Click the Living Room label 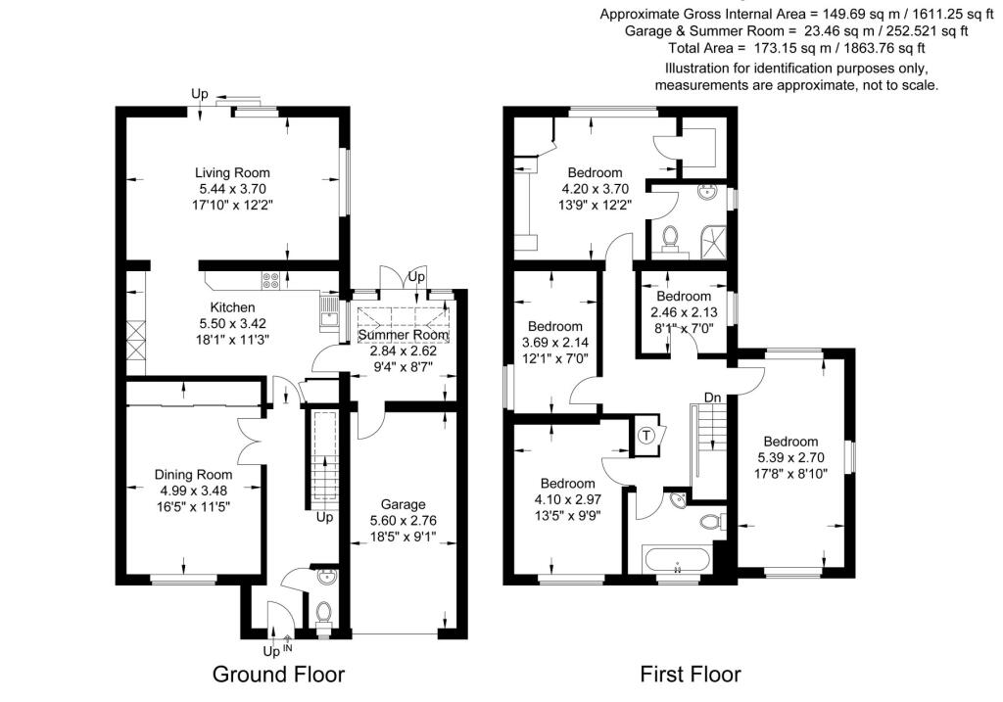pyautogui.click(x=231, y=172)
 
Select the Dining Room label pyautogui.click(x=193, y=475)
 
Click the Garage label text pyautogui.click(x=404, y=504)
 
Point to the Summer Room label pyautogui.click(x=404, y=335)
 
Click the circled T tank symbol pyautogui.click(x=646, y=436)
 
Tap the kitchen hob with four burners pyautogui.click(x=271, y=280)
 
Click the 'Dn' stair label pyautogui.click(x=712, y=398)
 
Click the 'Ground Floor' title pyautogui.click(x=279, y=675)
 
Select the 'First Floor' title pyautogui.click(x=691, y=675)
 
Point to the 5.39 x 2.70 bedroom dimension pyautogui.click(x=791, y=457)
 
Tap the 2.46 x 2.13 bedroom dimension pyautogui.click(x=683, y=312)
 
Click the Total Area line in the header pyautogui.click(x=796, y=47)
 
